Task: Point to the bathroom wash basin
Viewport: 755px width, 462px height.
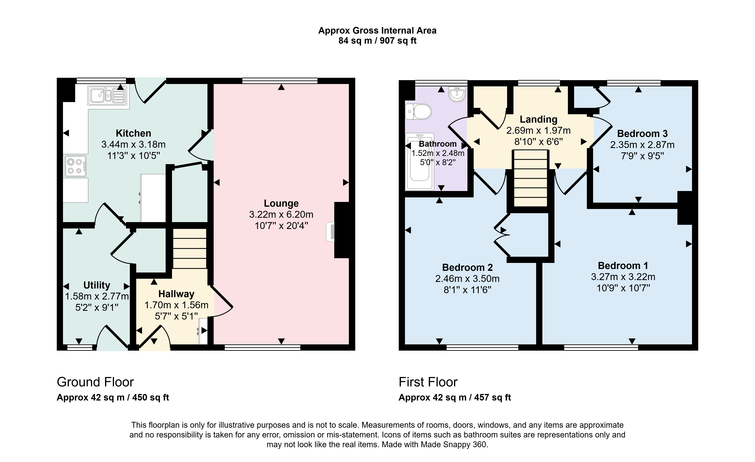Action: tap(457, 94)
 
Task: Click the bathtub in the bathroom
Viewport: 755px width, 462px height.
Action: tap(419, 162)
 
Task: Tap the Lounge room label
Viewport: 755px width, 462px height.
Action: tap(281, 203)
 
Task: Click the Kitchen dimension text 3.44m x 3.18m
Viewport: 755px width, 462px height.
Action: tap(133, 144)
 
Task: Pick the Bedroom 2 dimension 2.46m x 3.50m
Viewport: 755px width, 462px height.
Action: tap(467, 279)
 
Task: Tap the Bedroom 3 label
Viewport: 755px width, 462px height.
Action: tap(642, 134)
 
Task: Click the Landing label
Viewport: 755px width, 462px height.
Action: tap(538, 119)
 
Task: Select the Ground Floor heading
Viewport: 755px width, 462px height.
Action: tap(95, 382)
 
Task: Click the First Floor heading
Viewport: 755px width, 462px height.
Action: tap(428, 382)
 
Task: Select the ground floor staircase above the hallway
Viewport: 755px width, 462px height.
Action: tap(190, 249)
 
